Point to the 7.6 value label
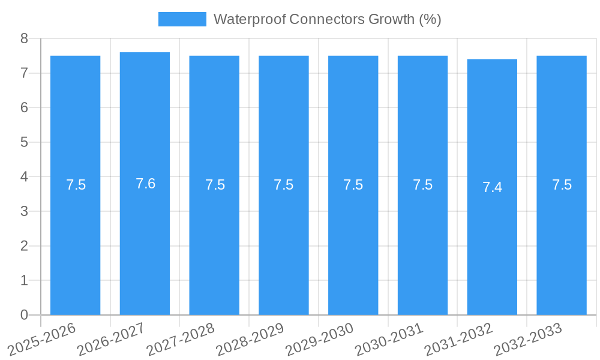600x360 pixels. pos(145,184)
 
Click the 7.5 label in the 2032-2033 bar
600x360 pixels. pos(562,185)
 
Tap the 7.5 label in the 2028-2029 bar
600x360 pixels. pos(283,185)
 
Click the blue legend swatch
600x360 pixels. pos(182,19)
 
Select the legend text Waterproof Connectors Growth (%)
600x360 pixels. pos(327,19)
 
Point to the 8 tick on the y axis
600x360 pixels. pos(24,39)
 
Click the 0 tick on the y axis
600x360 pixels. pos(24,315)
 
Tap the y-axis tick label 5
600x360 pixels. pos(24,142)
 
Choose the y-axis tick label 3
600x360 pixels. pos(24,211)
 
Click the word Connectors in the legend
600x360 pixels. pos(320,19)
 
